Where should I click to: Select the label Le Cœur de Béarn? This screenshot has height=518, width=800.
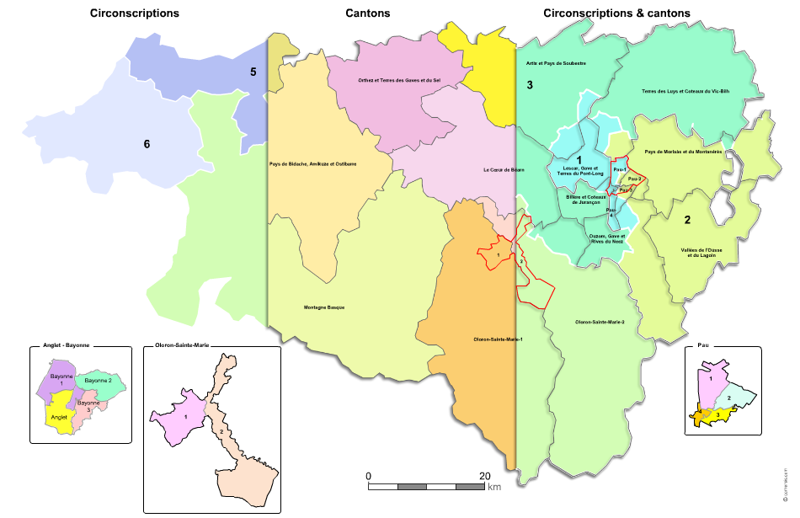[x=504, y=170]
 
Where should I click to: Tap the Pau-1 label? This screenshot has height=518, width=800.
[x=621, y=170]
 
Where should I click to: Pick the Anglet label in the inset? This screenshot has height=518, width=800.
[x=59, y=417]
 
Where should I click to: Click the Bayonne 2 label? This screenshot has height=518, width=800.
[x=99, y=381]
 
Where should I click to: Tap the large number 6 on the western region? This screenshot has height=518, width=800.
[x=147, y=144]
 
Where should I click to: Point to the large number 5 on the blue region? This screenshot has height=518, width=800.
[x=253, y=72]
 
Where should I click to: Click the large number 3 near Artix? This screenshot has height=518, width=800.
[x=530, y=85]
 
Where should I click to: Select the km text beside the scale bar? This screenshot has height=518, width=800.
[x=494, y=487]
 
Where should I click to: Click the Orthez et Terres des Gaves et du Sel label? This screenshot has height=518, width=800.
[x=399, y=80]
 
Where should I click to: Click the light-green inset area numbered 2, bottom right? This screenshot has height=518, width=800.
[x=729, y=397]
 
